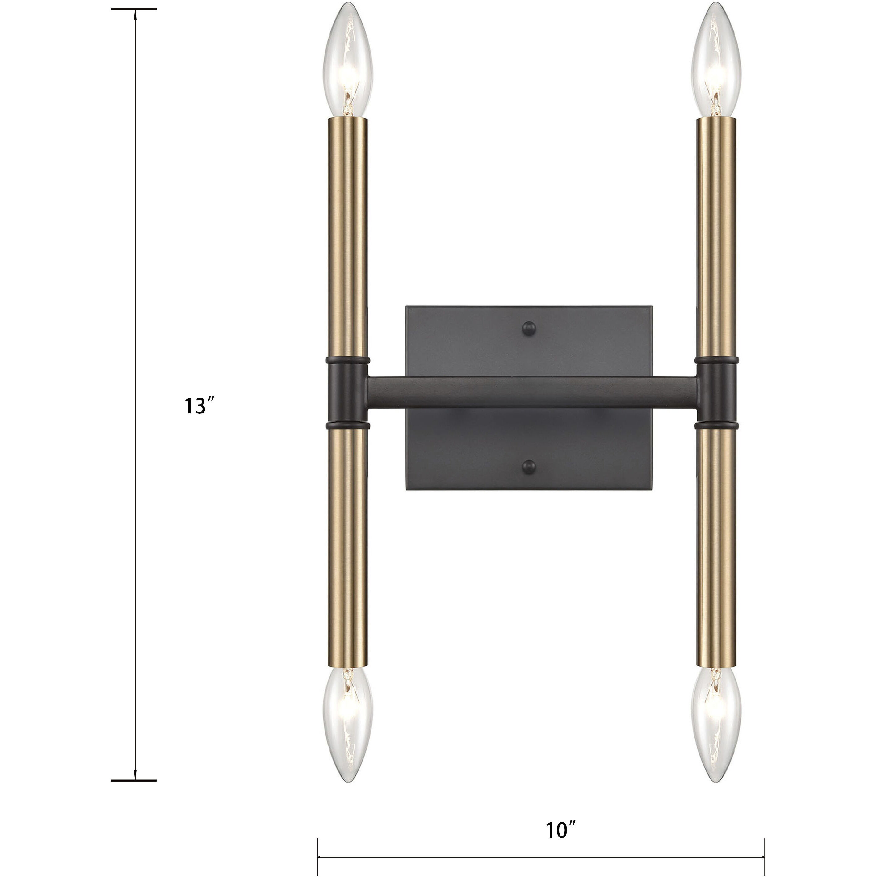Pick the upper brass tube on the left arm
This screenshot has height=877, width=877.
[x=347, y=236]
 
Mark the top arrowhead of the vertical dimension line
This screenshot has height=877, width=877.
[x=135, y=14]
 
